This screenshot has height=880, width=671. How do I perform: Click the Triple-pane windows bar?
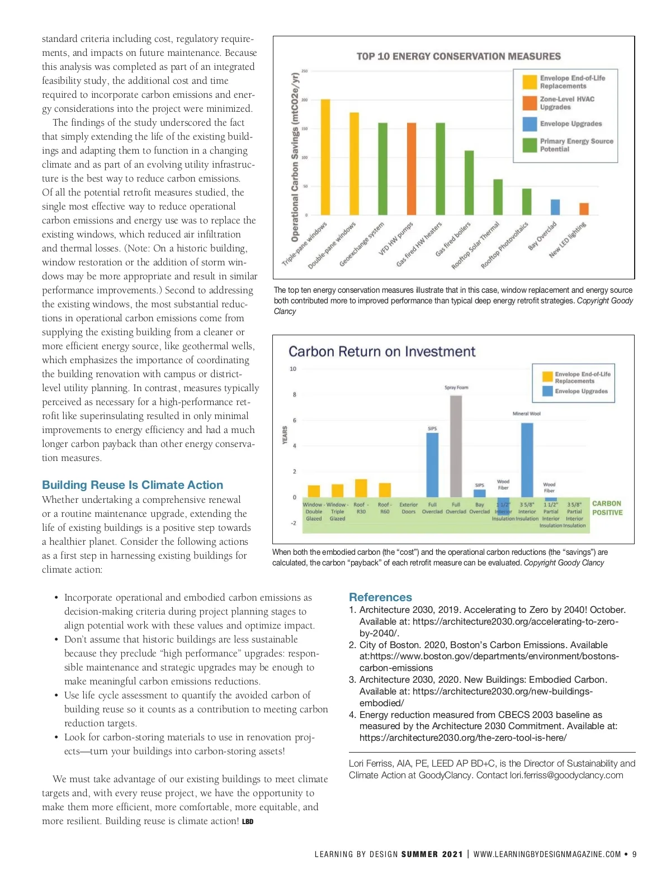pyautogui.click(x=325, y=157)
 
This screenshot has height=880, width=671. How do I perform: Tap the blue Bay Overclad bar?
pyautogui.click(x=555, y=207)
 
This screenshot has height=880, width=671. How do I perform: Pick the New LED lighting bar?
pyautogui.click(x=584, y=209)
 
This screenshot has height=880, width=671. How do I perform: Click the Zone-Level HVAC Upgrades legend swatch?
pyautogui.click(x=530, y=103)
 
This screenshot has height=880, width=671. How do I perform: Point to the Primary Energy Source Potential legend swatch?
pyautogui.click(x=530, y=145)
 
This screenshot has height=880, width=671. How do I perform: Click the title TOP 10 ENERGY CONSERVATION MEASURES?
pyautogui.click(x=459, y=56)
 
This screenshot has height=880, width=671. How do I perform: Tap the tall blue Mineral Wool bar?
pyautogui.click(x=527, y=460)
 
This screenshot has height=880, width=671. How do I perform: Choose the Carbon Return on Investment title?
pyautogui.click(x=382, y=351)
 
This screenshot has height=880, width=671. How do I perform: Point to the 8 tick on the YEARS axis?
pyautogui.click(x=295, y=394)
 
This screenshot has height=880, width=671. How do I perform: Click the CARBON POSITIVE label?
pyautogui.click(x=607, y=508)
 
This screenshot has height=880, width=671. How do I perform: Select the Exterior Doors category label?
pyautogui.click(x=408, y=508)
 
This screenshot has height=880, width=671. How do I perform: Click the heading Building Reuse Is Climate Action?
pyautogui.click(x=133, y=485)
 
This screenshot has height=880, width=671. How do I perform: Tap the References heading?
pyautogui.click(x=380, y=597)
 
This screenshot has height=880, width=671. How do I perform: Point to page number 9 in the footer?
pyautogui.click(x=634, y=854)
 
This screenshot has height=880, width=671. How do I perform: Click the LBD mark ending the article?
pyautogui.click(x=248, y=822)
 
